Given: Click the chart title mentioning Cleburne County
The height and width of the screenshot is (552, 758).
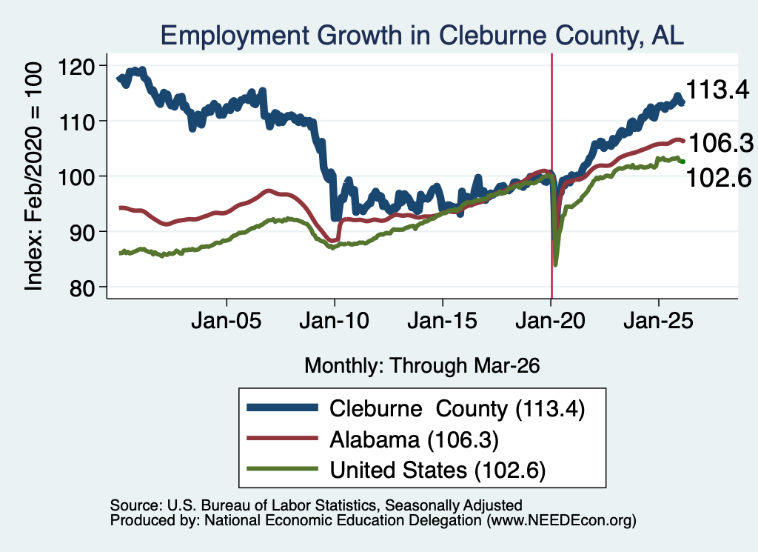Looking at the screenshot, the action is pyautogui.click(x=422, y=36).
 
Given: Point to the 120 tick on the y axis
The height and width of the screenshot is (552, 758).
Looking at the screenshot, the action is pyautogui.click(x=76, y=66).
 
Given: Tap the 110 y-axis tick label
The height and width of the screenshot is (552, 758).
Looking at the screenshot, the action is pyautogui.click(x=76, y=122).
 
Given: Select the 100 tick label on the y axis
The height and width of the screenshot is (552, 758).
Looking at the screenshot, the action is pyautogui.click(x=76, y=177).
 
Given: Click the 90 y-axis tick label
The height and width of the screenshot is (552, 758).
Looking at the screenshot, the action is pyautogui.click(x=81, y=233).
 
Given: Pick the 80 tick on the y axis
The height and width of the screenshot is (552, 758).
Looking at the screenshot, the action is pyautogui.click(x=81, y=288).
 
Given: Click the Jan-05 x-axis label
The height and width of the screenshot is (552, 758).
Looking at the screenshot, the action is pyautogui.click(x=227, y=321).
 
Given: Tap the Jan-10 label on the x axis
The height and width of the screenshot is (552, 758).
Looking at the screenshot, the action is pyautogui.click(x=335, y=321).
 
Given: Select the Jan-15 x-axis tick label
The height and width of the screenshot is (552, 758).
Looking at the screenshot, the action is pyautogui.click(x=443, y=321).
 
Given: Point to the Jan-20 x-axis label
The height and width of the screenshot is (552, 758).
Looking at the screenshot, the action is pyautogui.click(x=551, y=321).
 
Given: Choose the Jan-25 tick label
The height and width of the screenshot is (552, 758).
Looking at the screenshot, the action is pyautogui.click(x=658, y=321).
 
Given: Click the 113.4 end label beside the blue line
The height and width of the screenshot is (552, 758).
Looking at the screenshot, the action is pyautogui.click(x=717, y=90).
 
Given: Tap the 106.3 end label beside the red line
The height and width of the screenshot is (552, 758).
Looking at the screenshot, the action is pyautogui.click(x=721, y=143).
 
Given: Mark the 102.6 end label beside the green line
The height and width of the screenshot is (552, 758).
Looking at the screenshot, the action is pyautogui.click(x=719, y=178).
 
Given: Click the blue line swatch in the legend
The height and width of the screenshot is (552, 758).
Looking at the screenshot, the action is pyautogui.click(x=282, y=408).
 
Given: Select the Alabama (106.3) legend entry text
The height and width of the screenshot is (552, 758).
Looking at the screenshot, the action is pyautogui.click(x=414, y=440).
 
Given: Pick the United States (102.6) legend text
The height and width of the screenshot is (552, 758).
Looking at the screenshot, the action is pyautogui.click(x=437, y=470).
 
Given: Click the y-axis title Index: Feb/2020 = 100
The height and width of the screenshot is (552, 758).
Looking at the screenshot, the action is pyautogui.click(x=33, y=176).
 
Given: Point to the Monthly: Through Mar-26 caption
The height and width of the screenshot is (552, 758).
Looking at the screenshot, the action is pyautogui.click(x=422, y=366).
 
